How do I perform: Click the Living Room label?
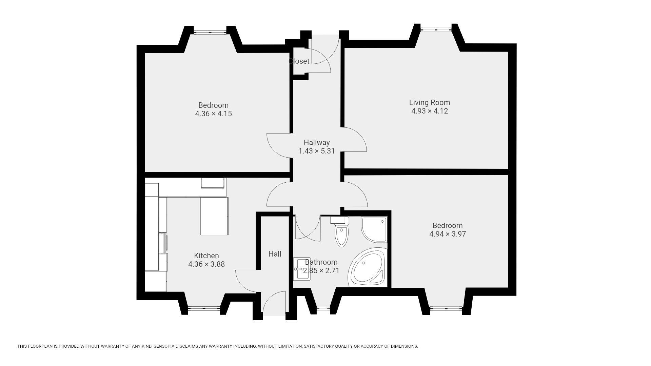(430, 102)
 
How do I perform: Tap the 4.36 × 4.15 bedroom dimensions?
(214, 114)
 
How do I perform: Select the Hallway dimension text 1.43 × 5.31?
(317, 151)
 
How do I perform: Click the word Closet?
(299, 61)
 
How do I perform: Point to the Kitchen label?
(206, 256)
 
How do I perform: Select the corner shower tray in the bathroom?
(374, 229)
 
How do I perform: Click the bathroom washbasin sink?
(301, 269)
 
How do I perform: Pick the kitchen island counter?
(214, 216)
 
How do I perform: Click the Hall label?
(275, 254)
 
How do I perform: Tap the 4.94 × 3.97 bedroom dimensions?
(448, 234)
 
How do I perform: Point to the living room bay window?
(436, 30)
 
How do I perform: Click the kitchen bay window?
(204, 308)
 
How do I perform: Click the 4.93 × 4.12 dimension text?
(430, 111)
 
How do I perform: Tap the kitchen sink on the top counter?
(213, 183)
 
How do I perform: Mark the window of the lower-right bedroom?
(446, 308)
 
